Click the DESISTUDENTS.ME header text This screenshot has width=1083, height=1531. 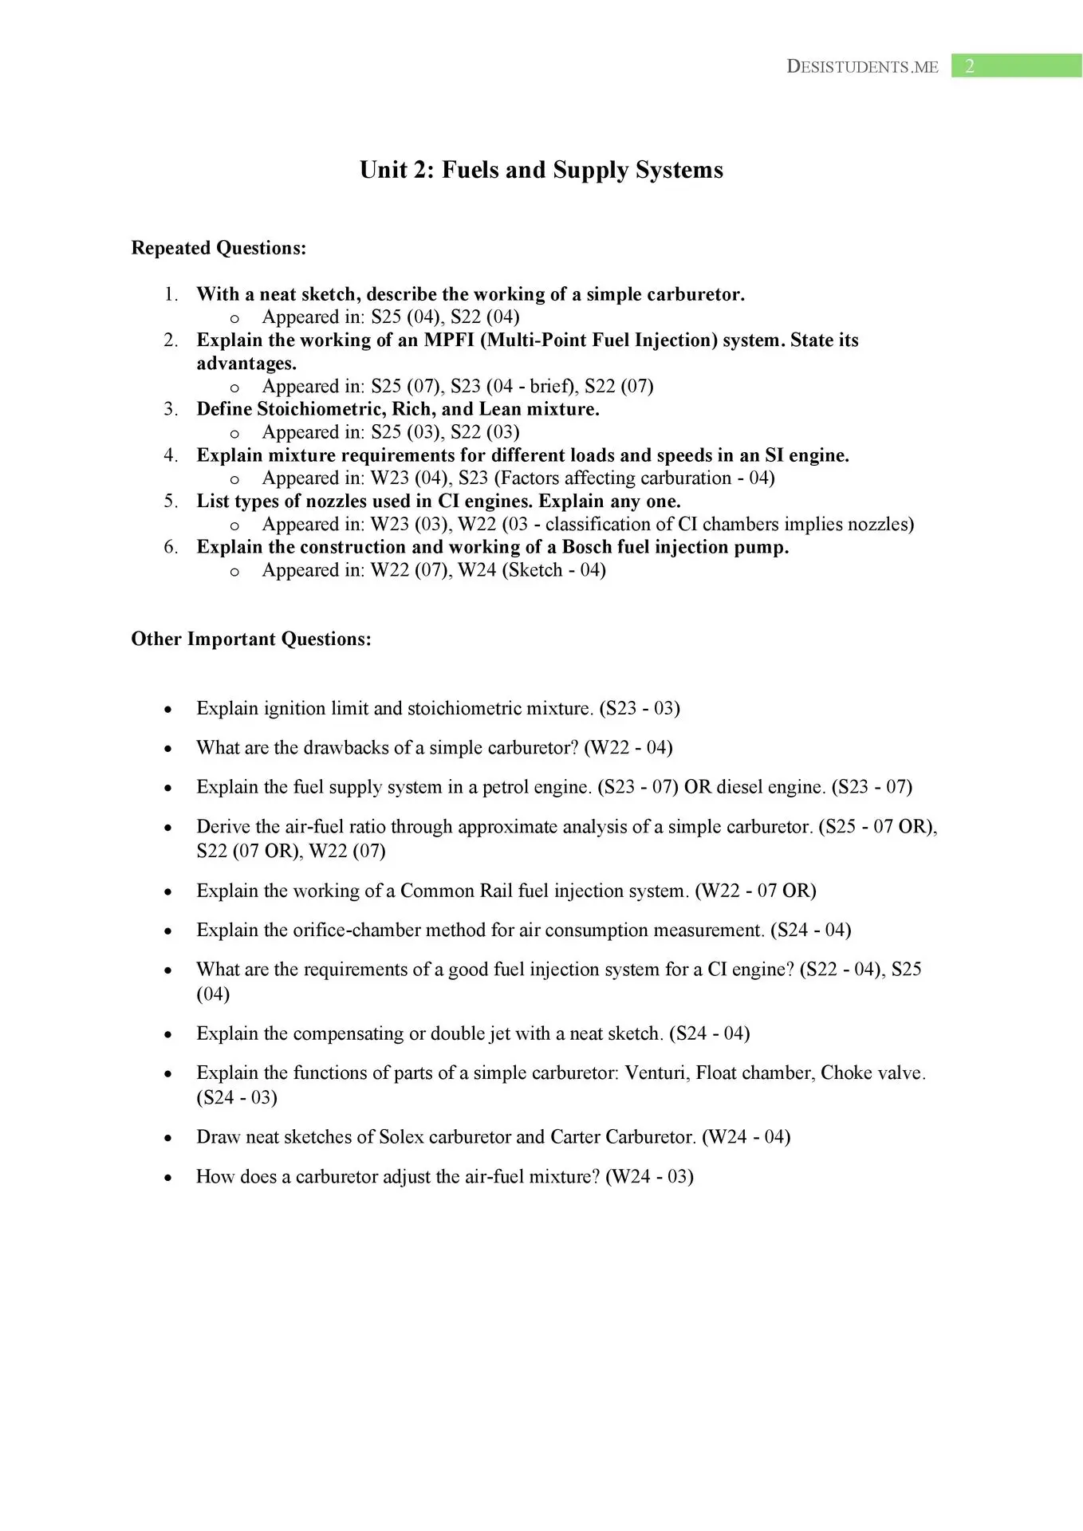tap(862, 67)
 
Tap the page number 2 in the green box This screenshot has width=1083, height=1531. tap(969, 66)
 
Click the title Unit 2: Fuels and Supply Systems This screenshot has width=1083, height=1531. tap(541, 170)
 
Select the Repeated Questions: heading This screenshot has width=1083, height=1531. tap(219, 248)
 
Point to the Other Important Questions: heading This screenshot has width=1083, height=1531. tap(251, 639)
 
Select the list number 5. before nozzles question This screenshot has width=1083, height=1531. tap(171, 501)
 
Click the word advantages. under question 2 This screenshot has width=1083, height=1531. tap(246, 363)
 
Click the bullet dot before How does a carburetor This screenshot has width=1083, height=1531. tap(167, 1178)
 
